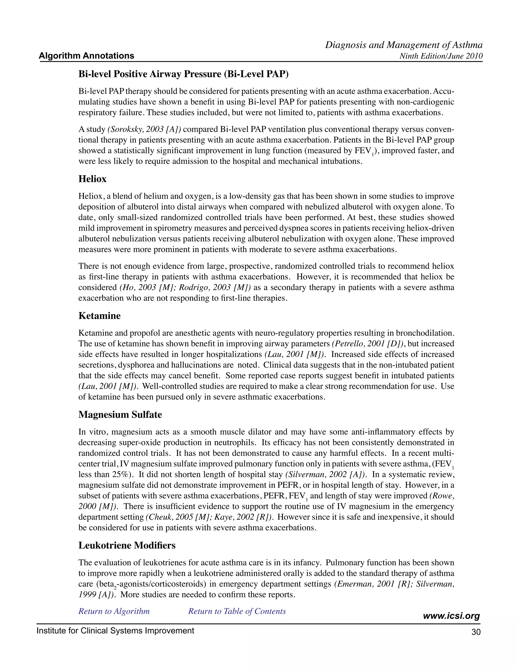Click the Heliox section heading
tap(92, 179)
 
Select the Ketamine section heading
tap(99, 316)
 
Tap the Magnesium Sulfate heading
tap(120, 415)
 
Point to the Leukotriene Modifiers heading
tap(127, 546)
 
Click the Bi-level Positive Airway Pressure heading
tap(184, 74)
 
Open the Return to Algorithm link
tap(114, 611)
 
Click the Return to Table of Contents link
tap(237, 611)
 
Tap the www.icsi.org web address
tap(451, 616)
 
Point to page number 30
tap(476, 632)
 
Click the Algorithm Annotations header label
tap(86, 56)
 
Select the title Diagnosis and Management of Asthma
tap(404, 45)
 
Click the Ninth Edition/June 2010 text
tap(441, 56)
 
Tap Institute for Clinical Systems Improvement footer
tap(115, 631)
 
